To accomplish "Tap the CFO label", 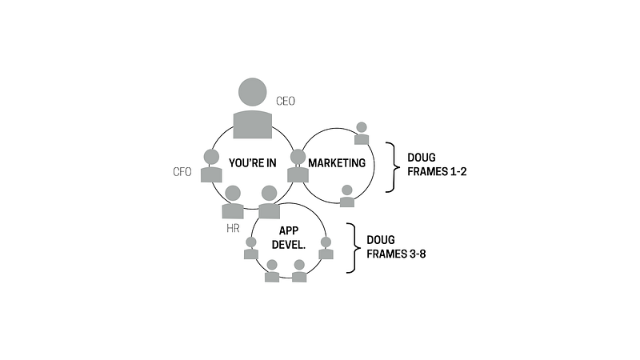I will click(x=183, y=171).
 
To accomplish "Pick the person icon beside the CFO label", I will click(x=211, y=166).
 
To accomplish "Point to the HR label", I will click(x=232, y=229).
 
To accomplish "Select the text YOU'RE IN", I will click(x=252, y=163).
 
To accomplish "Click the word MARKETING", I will click(x=337, y=163).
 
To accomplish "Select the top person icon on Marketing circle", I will click(x=362, y=134).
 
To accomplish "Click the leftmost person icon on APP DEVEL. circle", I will click(x=251, y=249).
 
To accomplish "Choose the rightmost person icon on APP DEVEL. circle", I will click(x=326, y=248).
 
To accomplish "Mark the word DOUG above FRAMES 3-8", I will click(x=382, y=239).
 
